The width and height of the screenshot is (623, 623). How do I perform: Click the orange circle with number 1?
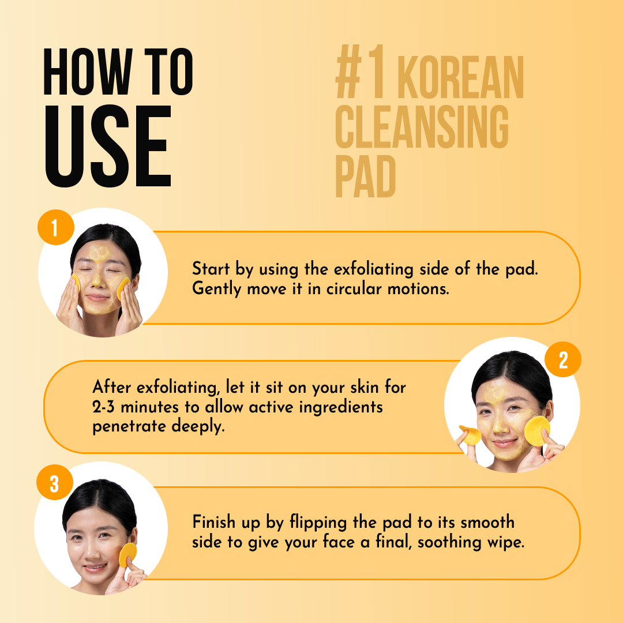click(55, 227)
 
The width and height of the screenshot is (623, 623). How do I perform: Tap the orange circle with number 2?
click(562, 359)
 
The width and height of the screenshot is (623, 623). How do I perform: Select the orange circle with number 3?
click(54, 483)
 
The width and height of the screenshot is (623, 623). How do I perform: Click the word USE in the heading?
click(108, 146)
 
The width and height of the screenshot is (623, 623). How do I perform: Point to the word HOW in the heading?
click(88, 72)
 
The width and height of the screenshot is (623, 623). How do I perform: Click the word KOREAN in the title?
click(460, 77)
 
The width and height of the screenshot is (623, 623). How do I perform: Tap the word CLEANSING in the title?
click(422, 127)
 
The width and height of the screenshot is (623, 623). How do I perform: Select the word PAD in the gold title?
click(366, 177)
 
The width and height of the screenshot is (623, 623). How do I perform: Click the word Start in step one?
click(211, 269)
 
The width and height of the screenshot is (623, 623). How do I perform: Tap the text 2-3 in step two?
click(103, 407)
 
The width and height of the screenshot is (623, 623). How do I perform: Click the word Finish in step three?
click(214, 521)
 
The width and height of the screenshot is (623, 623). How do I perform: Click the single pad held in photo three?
click(127, 555)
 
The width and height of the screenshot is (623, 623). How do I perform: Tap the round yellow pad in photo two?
click(537, 431)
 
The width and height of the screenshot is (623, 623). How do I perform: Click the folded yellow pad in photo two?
click(470, 435)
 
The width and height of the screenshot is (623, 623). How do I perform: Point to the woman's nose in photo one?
click(96, 279)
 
